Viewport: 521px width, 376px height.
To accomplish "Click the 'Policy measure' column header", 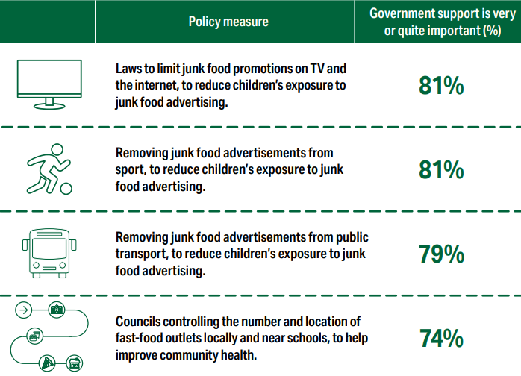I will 228,22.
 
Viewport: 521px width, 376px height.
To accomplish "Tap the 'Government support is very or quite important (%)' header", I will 437,22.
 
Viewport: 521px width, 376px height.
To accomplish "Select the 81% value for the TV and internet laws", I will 441,86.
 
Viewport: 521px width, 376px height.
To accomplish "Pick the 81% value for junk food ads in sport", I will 441,170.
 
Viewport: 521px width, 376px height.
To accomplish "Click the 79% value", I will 441,254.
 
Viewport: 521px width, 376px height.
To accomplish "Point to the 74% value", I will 441,339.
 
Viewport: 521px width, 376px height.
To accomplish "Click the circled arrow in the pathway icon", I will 25,309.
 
